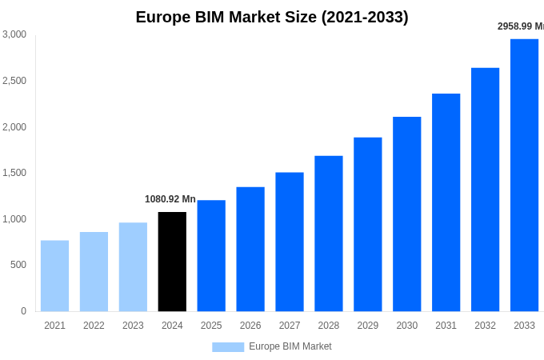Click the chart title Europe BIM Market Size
(x=272, y=17)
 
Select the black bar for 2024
(x=172, y=262)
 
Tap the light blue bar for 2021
(x=54, y=276)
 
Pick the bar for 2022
(x=94, y=272)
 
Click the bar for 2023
(x=133, y=267)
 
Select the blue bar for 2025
(x=211, y=256)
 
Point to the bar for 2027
(x=290, y=242)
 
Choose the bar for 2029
(x=368, y=224)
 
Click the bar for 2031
(x=446, y=202)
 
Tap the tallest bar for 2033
(x=524, y=175)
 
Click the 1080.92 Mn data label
(x=170, y=199)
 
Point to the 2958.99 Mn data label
(x=521, y=26)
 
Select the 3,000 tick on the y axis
(x=14, y=34)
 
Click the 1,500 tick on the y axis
(x=14, y=173)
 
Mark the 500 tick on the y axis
(x=18, y=265)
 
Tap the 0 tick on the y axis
(x=23, y=311)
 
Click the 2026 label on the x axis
(x=250, y=326)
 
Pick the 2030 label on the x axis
(x=406, y=326)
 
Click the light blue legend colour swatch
(x=228, y=347)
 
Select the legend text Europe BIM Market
(x=290, y=346)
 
